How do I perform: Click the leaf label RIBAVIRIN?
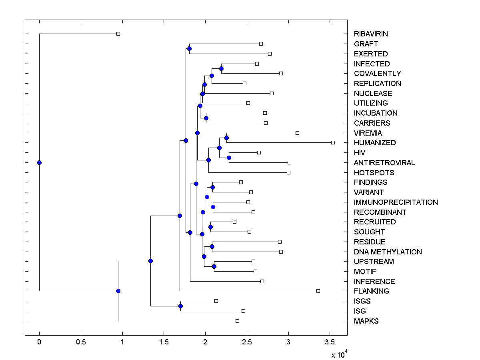coord(371,34)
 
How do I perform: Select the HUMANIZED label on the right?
coord(375,143)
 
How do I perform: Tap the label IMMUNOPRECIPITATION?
coord(396,202)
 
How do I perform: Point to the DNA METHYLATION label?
coord(388,252)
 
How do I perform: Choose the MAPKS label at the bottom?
coord(366,321)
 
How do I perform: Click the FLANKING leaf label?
coord(371,291)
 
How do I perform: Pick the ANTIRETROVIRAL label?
coord(384,163)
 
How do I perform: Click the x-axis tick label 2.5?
coord(247,342)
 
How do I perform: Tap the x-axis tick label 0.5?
coord(81,342)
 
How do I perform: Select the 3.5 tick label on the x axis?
coord(330,342)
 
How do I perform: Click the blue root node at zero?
coord(39,162)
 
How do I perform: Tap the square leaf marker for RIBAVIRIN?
coord(118,34)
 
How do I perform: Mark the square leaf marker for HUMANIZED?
coord(333,142)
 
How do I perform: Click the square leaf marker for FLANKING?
coord(318,291)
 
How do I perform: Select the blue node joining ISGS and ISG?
coord(180,306)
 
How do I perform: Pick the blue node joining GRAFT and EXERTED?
coord(189,49)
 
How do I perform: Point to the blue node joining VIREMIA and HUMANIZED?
coord(226,138)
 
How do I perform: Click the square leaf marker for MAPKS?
coord(237,321)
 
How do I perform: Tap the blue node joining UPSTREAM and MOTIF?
coord(214,266)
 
